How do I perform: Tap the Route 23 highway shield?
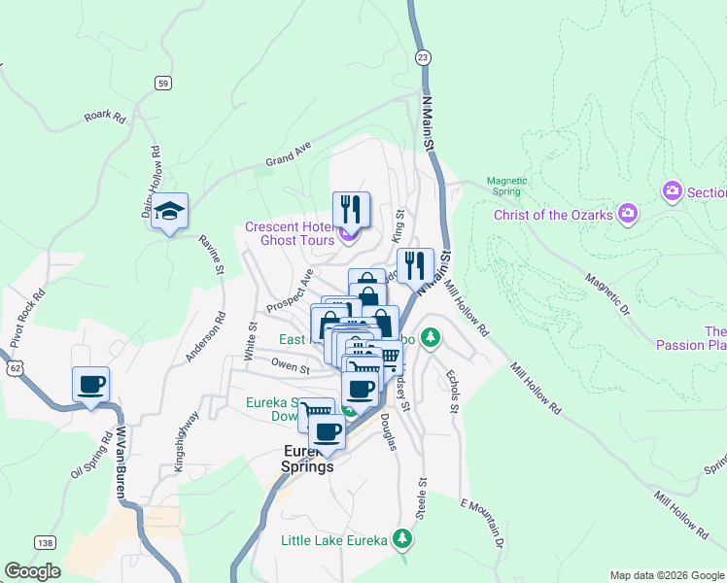(422, 57)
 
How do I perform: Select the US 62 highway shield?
(14, 368)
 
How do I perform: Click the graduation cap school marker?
(169, 212)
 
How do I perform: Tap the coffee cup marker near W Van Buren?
(90, 385)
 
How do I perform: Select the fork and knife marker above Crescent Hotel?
(350, 209)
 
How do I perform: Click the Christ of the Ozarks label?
(553, 215)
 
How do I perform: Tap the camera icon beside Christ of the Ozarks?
(628, 212)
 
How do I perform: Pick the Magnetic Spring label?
(506, 186)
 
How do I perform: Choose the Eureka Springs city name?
(308, 459)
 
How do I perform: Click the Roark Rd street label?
(105, 118)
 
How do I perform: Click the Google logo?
(32, 571)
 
